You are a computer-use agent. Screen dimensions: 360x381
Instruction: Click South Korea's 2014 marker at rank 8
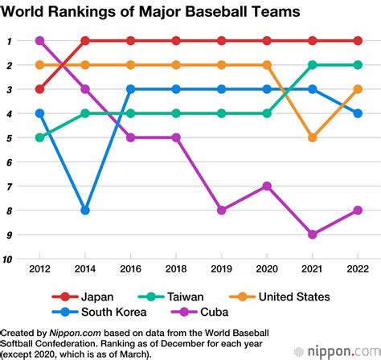(x=85, y=211)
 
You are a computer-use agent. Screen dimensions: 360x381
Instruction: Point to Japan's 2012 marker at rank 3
(x=39, y=89)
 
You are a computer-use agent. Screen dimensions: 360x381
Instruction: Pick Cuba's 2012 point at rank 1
(x=39, y=40)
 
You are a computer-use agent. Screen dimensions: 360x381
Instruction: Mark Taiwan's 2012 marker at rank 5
(x=39, y=137)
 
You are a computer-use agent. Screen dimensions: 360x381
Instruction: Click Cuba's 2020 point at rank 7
(x=268, y=186)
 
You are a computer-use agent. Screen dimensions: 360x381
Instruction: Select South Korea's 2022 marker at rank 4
(x=358, y=113)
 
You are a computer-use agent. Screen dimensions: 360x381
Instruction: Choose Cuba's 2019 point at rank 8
(x=222, y=211)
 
